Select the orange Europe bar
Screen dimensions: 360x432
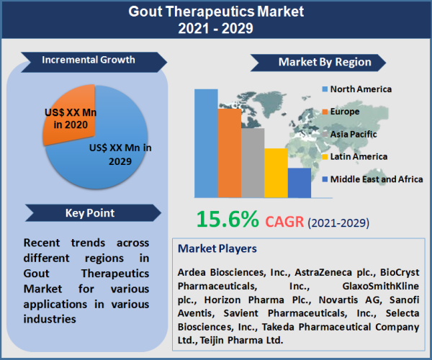click(230, 153)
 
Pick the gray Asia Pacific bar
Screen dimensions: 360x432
click(253, 162)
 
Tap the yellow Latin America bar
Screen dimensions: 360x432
click(276, 173)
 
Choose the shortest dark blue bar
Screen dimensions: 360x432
click(299, 182)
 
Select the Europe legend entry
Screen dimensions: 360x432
click(345, 112)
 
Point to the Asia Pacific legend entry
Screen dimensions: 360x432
click(353, 134)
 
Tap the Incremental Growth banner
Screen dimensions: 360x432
click(89, 60)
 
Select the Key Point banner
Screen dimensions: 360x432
click(89, 213)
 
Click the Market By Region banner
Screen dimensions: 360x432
click(324, 62)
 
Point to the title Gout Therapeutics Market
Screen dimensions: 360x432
click(216, 12)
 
